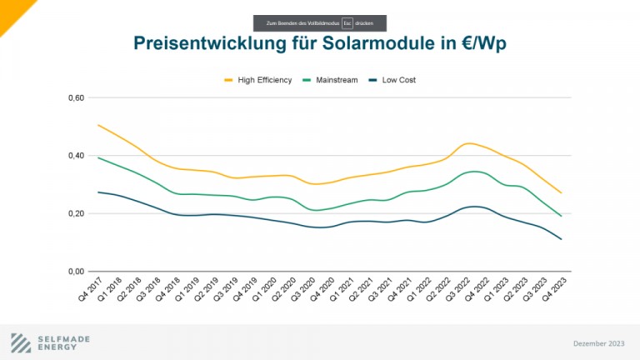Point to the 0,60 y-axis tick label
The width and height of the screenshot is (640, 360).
(x=77, y=98)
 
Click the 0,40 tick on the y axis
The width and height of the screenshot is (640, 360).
(x=77, y=156)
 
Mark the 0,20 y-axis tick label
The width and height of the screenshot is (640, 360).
(x=77, y=213)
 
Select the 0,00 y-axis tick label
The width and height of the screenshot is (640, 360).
(x=77, y=272)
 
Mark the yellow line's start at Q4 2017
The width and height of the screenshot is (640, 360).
(x=98, y=125)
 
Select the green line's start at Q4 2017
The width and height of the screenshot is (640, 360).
(x=98, y=157)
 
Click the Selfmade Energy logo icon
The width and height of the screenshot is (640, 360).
(x=22, y=342)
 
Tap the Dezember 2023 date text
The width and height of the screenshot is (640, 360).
(x=598, y=343)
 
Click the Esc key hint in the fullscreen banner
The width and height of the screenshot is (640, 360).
(x=334, y=22)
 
